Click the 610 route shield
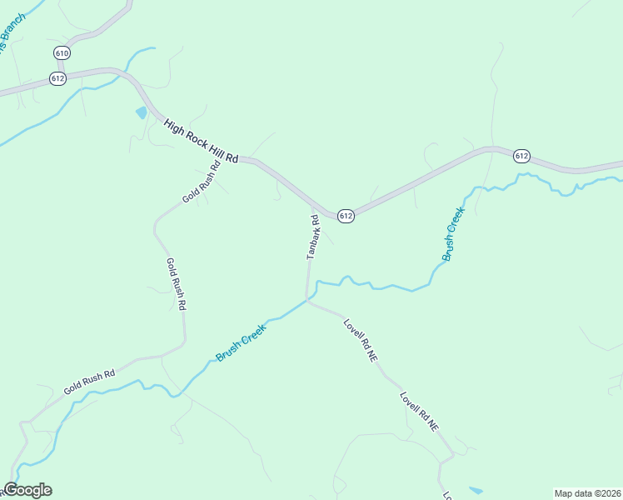[x=62, y=52]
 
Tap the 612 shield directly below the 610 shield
[x=57, y=78]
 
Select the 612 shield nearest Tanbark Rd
[x=346, y=216]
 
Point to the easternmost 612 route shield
[x=521, y=156]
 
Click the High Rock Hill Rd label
[x=202, y=140]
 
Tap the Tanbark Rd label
[x=313, y=237]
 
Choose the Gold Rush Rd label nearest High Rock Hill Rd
[x=202, y=182]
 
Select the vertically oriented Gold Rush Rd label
[x=176, y=284]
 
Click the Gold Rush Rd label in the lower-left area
[x=88, y=378]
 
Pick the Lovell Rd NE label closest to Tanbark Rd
[x=361, y=339]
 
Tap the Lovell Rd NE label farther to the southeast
[x=418, y=411]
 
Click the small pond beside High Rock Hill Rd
[x=142, y=112]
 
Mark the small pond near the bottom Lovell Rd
[x=476, y=490]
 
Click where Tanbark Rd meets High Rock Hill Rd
[x=312, y=204]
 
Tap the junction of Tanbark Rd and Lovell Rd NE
[x=307, y=301]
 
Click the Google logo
[x=27, y=490]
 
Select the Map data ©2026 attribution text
[x=587, y=493]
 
